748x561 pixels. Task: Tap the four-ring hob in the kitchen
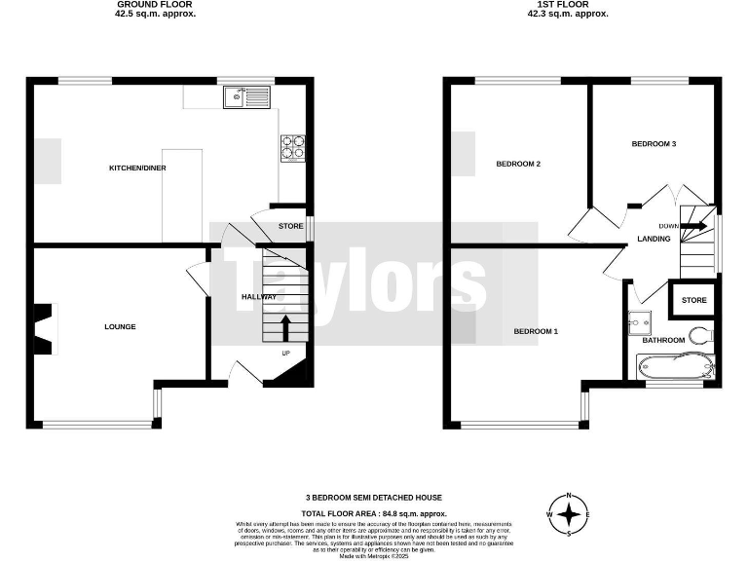click(x=293, y=146)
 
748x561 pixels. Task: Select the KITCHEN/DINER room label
click(x=137, y=168)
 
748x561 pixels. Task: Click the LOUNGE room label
click(x=121, y=326)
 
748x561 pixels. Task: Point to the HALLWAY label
click(x=259, y=297)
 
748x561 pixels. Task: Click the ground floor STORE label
click(x=290, y=227)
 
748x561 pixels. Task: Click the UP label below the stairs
click(x=285, y=353)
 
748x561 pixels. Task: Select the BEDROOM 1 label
click(x=536, y=332)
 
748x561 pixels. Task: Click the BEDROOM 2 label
click(x=518, y=164)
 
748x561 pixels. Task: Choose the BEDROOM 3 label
click(x=654, y=144)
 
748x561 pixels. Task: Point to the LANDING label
click(x=653, y=239)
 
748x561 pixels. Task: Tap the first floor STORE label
click(x=694, y=300)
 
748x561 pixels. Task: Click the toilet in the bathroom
click(x=698, y=336)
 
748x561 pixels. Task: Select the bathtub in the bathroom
click(x=675, y=367)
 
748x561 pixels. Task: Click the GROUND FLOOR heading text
click(x=155, y=5)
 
